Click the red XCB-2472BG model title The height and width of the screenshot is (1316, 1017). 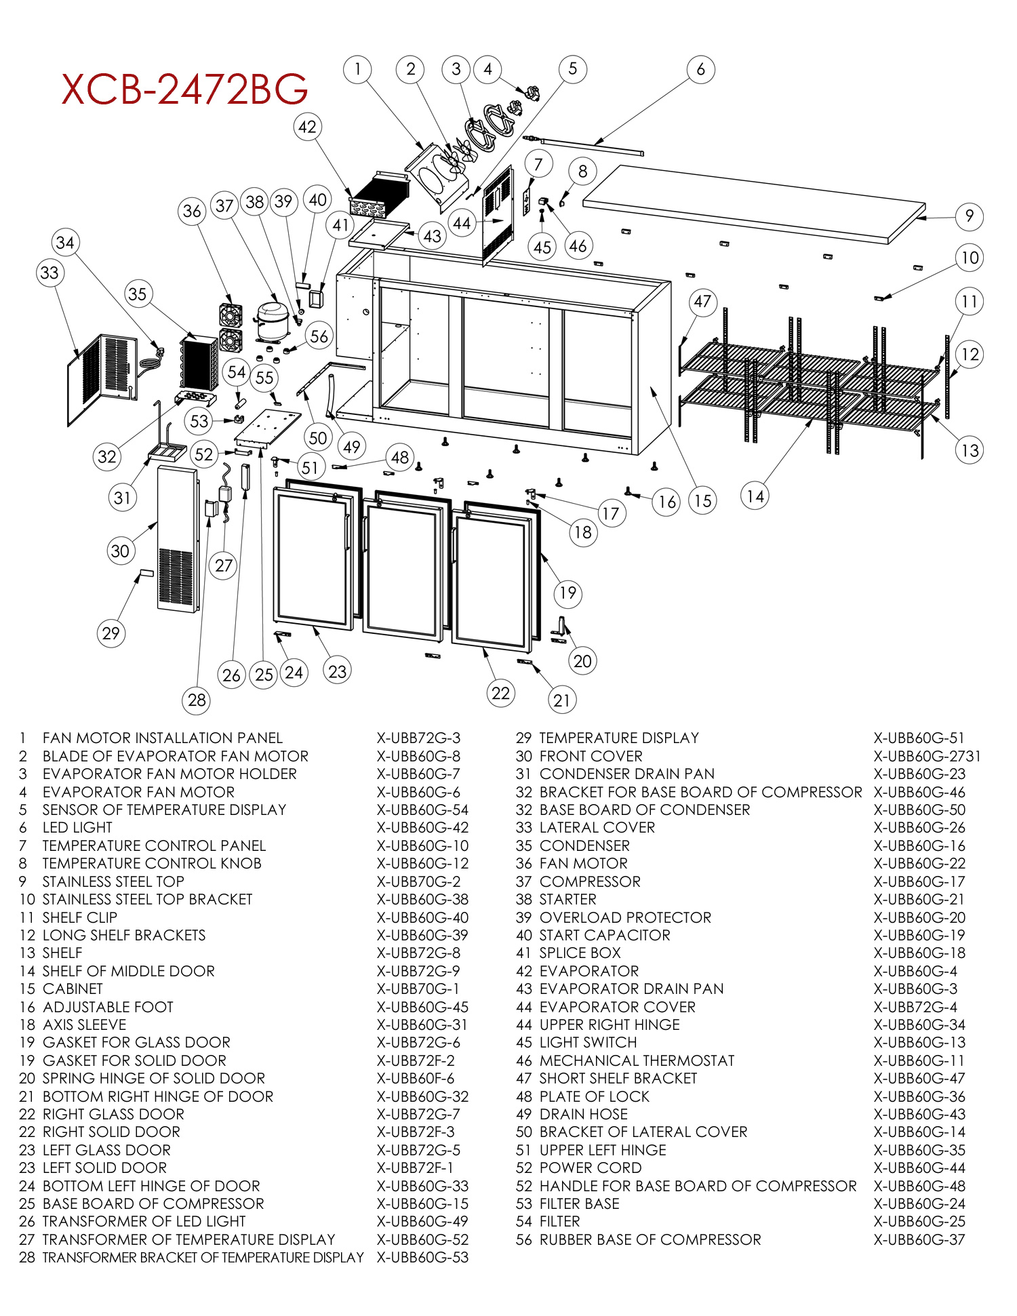tap(184, 89)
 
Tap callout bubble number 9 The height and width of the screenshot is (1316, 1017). tap(969, 216)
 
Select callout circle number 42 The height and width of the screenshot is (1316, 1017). tap(307, 127)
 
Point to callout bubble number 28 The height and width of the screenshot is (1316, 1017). tap(197, 700)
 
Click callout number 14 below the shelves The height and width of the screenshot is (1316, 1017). tap(755, 496)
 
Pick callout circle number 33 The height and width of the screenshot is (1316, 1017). tap(49, 273)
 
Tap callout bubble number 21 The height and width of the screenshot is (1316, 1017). tap(562, 700)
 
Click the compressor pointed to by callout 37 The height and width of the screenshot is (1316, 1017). tap(272, 318)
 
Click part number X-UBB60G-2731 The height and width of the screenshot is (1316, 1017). tap(926, 756)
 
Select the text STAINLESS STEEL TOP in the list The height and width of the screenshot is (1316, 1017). tap(113, 881)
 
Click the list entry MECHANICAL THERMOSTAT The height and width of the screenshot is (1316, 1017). tap(637, 1060)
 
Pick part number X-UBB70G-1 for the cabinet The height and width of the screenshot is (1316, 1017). tap(418, 989)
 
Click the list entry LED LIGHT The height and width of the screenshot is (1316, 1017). tap(77, 827)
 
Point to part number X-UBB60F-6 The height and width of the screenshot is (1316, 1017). tap(416, 1078)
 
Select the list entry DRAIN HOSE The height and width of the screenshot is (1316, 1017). tap(583, 1114)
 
